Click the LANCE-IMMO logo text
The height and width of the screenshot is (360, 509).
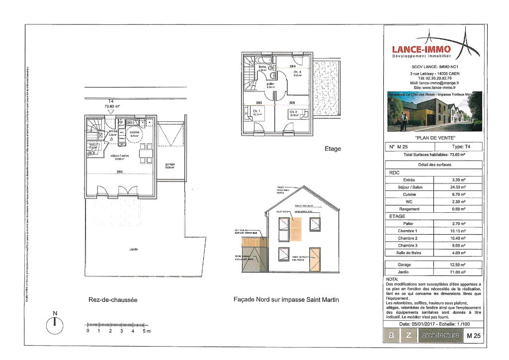tap(421, 49)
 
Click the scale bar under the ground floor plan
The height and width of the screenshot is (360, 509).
tap(117, 325)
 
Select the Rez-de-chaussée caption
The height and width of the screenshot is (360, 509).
tap(112, 300)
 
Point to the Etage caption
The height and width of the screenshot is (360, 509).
tap(333, 148)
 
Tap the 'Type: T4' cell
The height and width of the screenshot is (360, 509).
tap(458, 147)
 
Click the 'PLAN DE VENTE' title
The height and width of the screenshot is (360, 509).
tap(434, 138)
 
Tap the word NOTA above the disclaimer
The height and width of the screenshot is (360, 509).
tap(392, 279)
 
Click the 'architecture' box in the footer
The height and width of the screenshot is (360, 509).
tap(439, 336)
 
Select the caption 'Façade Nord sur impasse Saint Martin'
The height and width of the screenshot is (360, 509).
tap(286, 300)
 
